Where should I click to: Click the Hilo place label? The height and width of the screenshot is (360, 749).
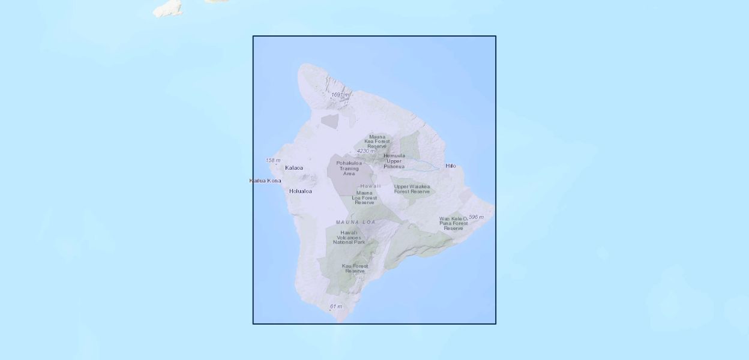tap(450, 166)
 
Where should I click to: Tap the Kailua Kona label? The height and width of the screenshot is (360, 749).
tap(265, 181)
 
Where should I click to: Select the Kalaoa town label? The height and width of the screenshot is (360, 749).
tap(294, 168)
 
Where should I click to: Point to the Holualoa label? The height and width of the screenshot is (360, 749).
tap(301, 191)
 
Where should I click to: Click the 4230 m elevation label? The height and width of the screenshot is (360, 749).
tap(365, 151)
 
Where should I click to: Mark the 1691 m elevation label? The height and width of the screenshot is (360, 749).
tap(340, 95)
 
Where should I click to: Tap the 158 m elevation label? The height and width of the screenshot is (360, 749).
tap(273, 160)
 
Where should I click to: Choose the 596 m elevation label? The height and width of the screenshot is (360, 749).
tap(476, 217)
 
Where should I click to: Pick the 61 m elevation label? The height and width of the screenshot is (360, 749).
tap(336, 307)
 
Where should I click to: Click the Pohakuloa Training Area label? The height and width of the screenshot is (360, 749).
tap(349, 168)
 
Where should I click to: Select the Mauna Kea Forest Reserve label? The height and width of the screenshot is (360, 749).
tap(377, 141)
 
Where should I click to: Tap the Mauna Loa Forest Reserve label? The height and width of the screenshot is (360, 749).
tap(364, 197)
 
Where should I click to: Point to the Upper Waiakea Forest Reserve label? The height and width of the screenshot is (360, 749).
tap(412, 188)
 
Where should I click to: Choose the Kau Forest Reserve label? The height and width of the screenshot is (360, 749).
tap(355, 268)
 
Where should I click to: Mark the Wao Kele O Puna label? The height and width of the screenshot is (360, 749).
tap(453, 223)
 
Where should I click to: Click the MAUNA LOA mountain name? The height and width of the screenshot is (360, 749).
tap(355, 222)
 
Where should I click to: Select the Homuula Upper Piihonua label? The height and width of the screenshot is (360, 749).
tap(394, 161)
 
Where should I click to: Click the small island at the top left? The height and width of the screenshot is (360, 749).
tap(168, 8)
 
